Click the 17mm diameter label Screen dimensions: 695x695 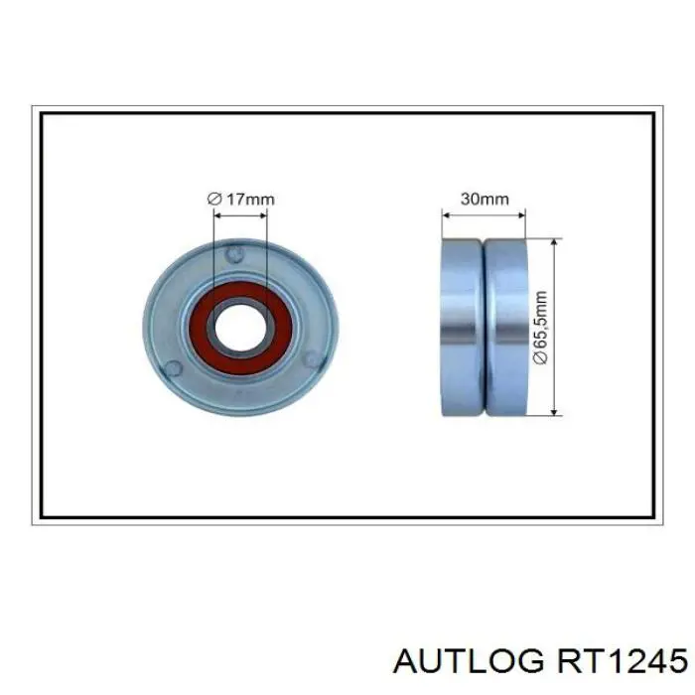(x=241, y=199)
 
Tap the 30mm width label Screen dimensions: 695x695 (x=484, y=199)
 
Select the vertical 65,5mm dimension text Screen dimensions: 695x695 (x=540, y=327)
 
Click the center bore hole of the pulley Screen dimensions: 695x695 (x=240, y=328)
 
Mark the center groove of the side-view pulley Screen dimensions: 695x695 (x=484, y=327)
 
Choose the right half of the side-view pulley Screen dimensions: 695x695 (x=505, y=327)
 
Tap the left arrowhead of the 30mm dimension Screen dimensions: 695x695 (x=445, y=211)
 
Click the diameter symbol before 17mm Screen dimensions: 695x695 (x=214, y=199)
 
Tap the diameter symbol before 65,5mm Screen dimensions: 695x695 (x=540, y=359)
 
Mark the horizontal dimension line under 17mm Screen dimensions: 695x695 (x=240, y=211)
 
